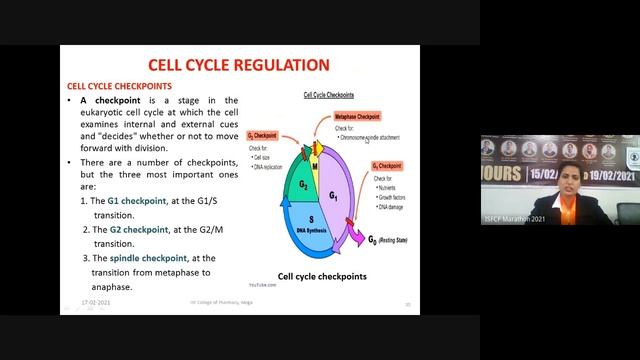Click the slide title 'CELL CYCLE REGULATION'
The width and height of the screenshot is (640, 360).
(x=238, y=66)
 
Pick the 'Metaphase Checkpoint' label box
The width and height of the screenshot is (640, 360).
(x=357, y=117)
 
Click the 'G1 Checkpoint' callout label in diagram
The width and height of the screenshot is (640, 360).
(x=387, y=165)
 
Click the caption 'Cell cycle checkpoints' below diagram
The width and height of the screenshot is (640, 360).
(x=322, y=276)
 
